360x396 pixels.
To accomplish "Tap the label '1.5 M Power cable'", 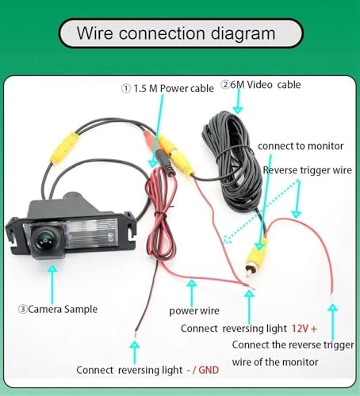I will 172,89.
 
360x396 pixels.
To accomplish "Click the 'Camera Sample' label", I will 59,309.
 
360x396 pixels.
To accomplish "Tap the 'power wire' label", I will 194,310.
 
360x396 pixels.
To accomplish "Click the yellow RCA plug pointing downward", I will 256,258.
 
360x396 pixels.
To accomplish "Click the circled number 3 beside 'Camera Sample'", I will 22,309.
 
